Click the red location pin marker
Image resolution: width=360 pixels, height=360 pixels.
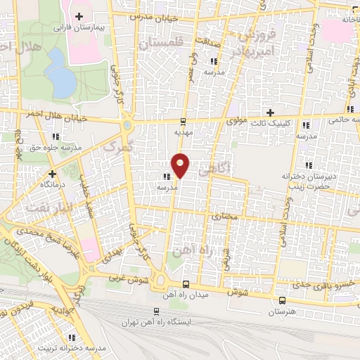click(x=181, y=165)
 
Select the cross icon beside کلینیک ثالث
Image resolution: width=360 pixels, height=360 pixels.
click(x=270, y=112)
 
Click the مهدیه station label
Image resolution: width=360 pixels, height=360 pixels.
click(x=184, y=131)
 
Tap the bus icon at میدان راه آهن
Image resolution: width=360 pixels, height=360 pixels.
click(x=186, y=284)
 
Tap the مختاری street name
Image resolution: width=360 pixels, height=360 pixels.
click(x=229, y=219)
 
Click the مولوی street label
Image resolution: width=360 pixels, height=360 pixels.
click(x=236, y=121)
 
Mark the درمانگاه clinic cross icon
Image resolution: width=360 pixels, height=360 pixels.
click(x=52, y=173)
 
